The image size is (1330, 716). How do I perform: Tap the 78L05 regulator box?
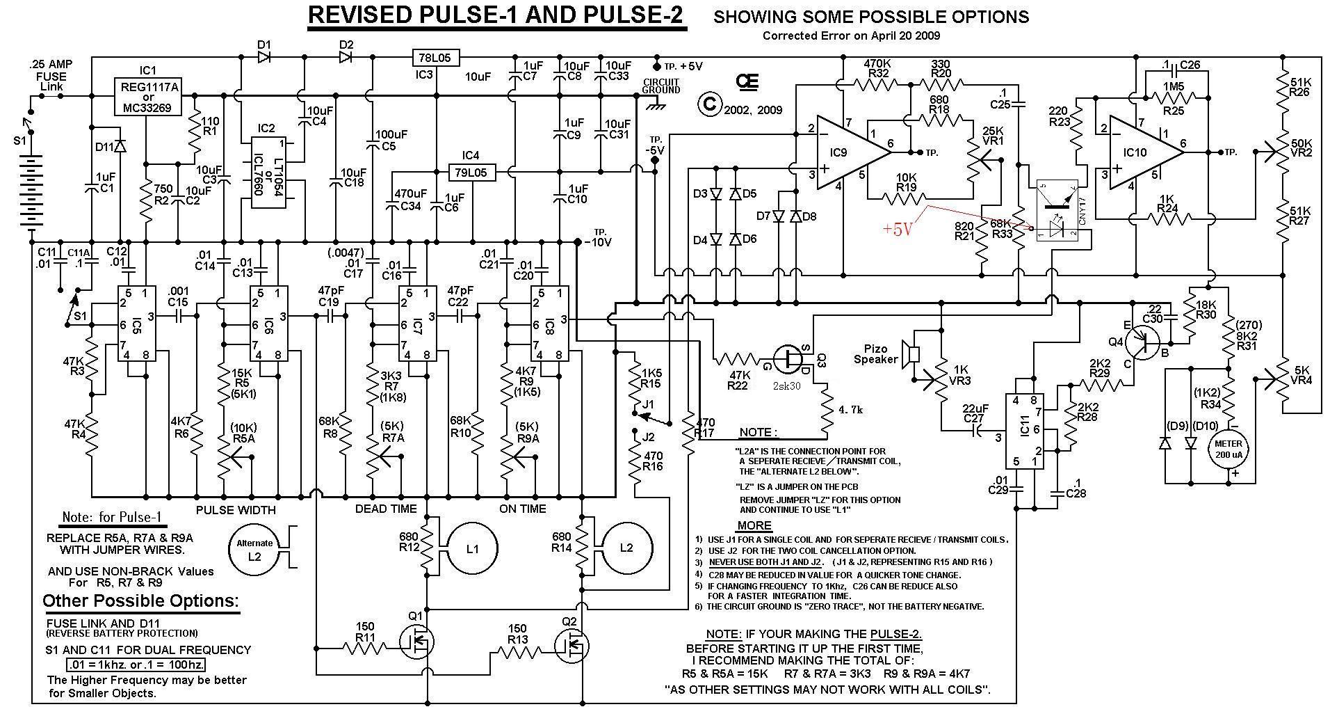coord(436,57)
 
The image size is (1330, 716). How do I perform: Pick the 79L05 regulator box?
coord(471,172)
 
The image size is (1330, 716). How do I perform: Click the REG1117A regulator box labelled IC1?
coord(147,97)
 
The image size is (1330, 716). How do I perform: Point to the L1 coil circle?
coord(472,548)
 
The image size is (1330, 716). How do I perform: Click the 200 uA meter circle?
coord(1228,449)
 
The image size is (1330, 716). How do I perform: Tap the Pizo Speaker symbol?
coord(909,353)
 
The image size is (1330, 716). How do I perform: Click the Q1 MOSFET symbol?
coord(417,642)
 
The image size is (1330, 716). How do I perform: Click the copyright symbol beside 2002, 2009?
coord(709,104)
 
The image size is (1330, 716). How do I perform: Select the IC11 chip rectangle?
coord(1026,431)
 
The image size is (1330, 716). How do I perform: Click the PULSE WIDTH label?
coord(236,510)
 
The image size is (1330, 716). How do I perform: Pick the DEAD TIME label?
coord(386,509)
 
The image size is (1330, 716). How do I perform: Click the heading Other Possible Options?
coord(140,601)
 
